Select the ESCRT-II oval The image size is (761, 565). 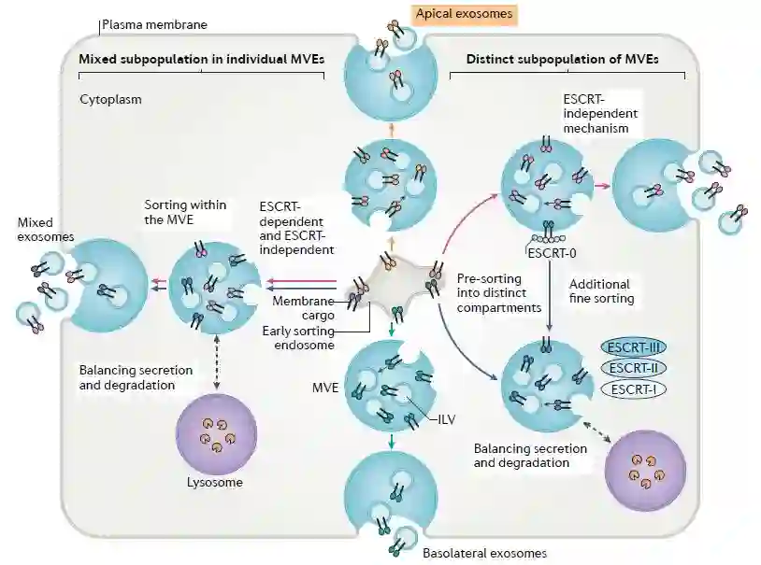click(x=631, y=368)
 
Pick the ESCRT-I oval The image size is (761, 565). click(x=631, y=388)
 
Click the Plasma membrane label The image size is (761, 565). click(x=155, y=24)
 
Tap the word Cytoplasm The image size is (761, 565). click(x=110, y=98)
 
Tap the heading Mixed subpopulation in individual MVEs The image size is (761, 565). click(x=201, y=59)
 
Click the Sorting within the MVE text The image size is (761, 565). click(x=187, y=210)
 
